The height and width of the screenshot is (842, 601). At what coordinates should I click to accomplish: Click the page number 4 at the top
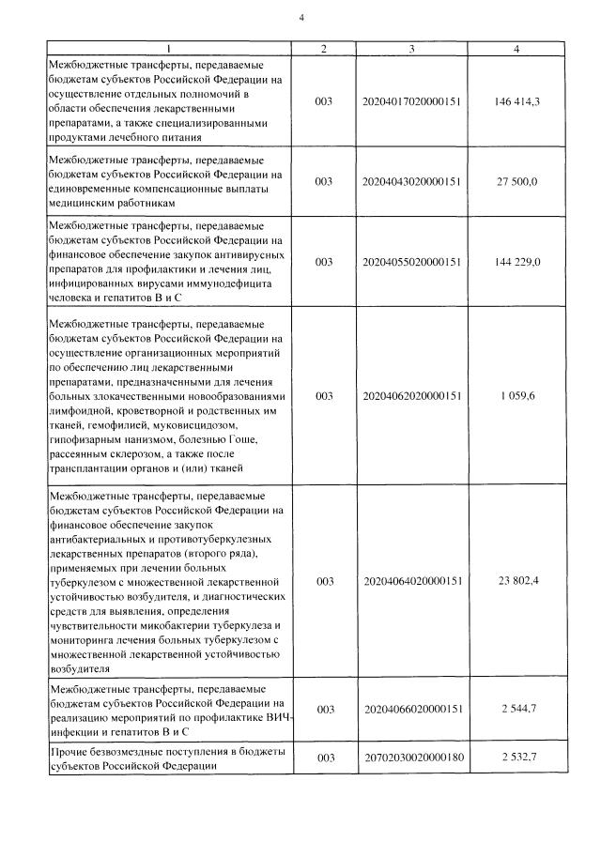(301, 17)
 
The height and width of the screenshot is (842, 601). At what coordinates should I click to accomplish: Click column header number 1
(169, 48)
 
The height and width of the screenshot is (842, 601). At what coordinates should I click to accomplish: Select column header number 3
(411, 48)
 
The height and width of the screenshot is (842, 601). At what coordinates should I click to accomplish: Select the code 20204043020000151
(411, 181)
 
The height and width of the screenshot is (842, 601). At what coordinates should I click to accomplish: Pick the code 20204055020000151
(411, 262)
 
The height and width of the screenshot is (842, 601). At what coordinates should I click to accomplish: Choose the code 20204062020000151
(411, 396)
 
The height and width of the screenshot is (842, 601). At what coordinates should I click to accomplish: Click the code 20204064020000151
(411, 582)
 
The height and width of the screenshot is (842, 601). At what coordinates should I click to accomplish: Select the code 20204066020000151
(411, 709)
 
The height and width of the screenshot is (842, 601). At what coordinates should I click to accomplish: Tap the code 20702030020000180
(411, 757)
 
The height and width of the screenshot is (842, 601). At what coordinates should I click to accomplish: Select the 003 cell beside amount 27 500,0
(324, 181)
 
